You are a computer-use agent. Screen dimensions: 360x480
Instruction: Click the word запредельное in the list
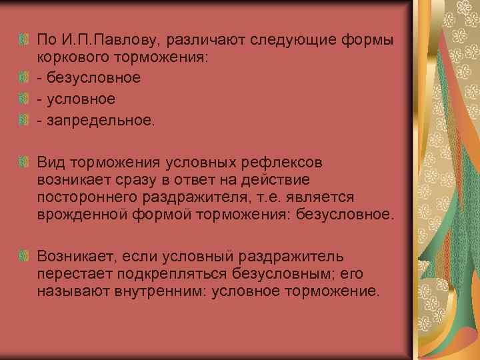pos(99,120)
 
